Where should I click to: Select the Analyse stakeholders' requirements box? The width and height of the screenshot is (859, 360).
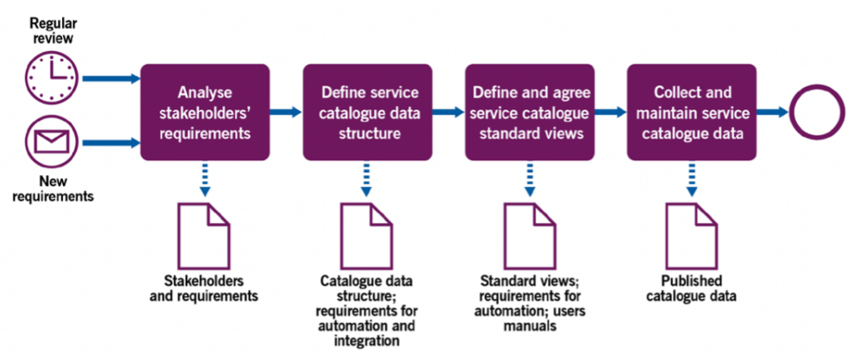point(204,111)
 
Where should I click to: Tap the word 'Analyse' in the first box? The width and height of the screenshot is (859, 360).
point(204,93)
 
